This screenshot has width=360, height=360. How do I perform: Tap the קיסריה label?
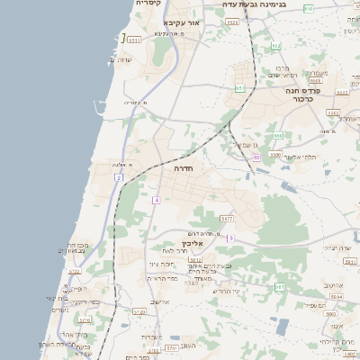[148, 4]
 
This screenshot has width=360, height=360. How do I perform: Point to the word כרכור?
[328, 99]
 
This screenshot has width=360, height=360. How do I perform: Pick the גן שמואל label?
[245, 145]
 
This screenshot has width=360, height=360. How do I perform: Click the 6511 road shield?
[134, 40]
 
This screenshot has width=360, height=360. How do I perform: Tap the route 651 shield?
[239, 88]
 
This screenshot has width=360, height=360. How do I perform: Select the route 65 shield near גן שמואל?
[256, 157]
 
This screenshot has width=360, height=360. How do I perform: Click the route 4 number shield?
[157, 200]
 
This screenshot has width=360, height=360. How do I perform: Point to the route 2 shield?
[118, 178]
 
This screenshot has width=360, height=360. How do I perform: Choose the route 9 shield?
[230, 238]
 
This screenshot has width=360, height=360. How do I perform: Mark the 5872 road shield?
[226, 219]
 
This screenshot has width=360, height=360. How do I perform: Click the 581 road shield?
[279, 287]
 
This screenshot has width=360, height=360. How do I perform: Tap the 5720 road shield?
[139, 311]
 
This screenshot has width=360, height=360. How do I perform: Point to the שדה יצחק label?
[339, 247]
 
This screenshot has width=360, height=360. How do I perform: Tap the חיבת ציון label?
[160, 264]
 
